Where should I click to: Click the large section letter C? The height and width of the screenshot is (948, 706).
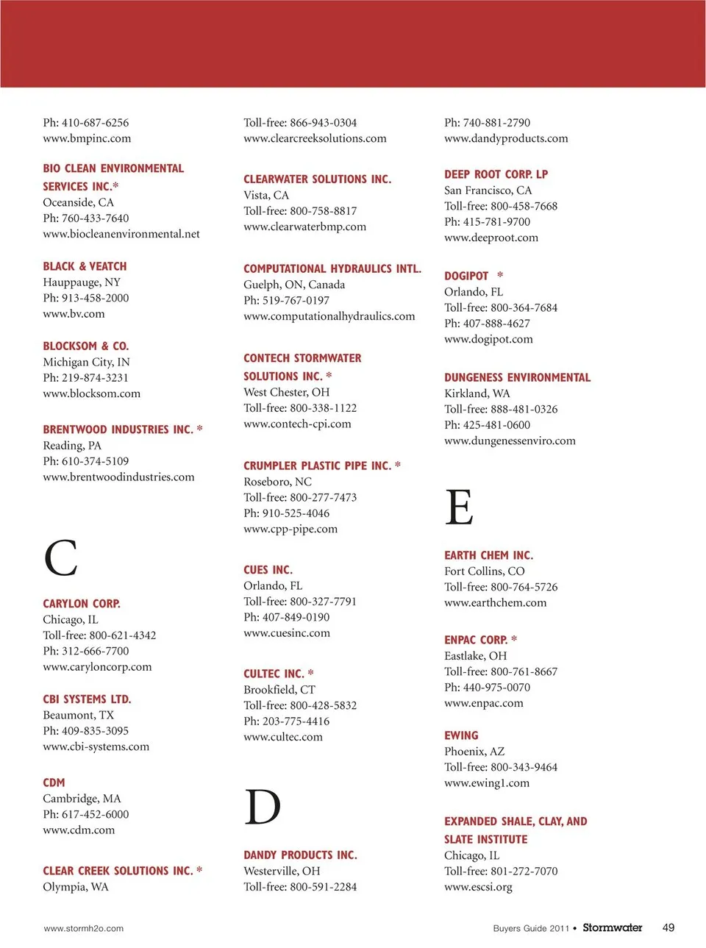point(60,557)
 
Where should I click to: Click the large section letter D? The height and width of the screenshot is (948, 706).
point(263,807)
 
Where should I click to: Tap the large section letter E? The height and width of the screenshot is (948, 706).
point(459,507)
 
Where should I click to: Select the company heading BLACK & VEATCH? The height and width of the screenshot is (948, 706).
point(85,266)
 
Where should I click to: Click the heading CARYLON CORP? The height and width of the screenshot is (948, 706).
point(82,603)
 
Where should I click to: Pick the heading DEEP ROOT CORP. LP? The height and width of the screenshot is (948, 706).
point(496,174)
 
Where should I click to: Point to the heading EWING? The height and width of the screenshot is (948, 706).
point(461,735)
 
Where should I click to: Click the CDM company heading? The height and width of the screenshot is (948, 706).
point(54,783)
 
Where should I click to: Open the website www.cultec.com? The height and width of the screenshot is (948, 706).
point(283,737)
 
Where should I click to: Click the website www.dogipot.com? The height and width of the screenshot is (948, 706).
point(488,339)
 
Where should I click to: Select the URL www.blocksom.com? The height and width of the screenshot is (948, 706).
point(91,393)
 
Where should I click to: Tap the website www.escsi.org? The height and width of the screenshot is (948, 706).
point(478,887)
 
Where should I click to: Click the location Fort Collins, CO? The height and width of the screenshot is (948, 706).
point(484,571)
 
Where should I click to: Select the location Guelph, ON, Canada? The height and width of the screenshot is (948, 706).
point(294,285)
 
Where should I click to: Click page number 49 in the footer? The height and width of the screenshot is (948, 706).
point(668,927)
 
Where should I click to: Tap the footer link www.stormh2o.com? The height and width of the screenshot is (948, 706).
point(83,928)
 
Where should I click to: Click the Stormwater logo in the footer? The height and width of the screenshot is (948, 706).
point(612,927)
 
